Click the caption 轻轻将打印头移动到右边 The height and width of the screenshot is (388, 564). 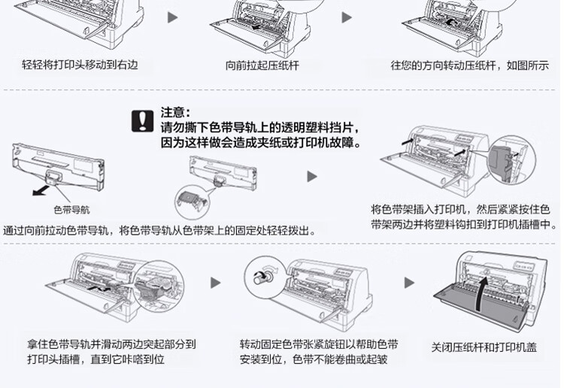coord(80,65)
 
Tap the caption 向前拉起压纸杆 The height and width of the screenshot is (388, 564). coord(262,65)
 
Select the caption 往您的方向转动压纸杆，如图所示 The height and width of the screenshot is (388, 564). coord(469,65)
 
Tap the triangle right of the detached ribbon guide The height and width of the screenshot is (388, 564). coord(311,176)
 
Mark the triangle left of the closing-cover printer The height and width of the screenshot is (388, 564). coord(409,283)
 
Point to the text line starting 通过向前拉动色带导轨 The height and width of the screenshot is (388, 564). coord(159,230)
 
